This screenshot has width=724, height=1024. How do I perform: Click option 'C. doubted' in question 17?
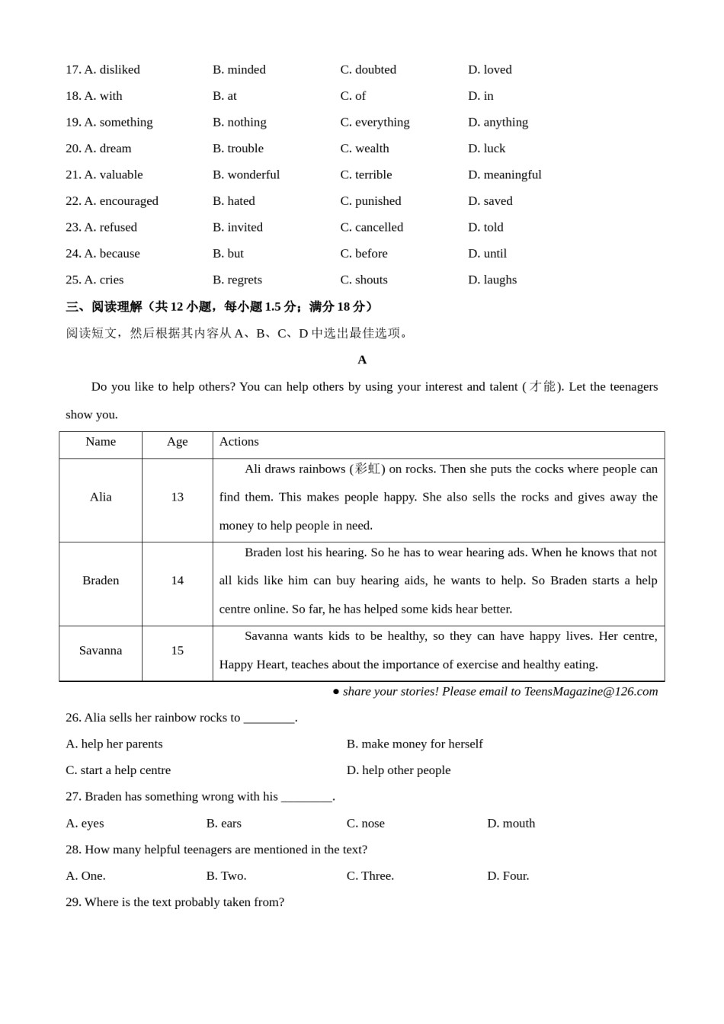coord(367,69)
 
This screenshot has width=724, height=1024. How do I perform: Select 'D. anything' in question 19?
coord(497,122)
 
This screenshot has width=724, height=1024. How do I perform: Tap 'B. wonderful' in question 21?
coord(245,174)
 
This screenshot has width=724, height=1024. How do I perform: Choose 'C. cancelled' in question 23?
coord(371,227)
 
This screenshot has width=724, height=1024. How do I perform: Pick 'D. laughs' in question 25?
coord(492,280)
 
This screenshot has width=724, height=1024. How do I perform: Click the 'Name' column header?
coord(101,442)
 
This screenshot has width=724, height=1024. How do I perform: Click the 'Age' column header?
coord(177,442)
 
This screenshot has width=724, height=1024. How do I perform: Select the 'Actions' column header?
coord(239,442)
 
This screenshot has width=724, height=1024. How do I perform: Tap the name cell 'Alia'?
coord(101,497)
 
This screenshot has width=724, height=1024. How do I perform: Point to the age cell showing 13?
coord(177,497)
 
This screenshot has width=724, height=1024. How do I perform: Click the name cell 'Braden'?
coord(101,581)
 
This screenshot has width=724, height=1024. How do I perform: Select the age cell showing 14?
coord(177,581)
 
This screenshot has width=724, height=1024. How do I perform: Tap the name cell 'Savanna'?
coord(101,651)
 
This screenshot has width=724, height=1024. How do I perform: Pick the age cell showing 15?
coord(177,651)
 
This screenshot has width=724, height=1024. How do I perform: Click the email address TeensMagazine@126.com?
coord(591,692)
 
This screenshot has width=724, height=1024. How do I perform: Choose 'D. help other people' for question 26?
coord(399,770)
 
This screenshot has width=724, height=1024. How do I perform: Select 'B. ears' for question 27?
coord(223,824)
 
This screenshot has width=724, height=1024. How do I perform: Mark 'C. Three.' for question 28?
coord(370,876)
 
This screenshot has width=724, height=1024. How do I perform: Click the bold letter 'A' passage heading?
coord(362,360)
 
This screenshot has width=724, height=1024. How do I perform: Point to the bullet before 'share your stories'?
coord(336,692)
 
